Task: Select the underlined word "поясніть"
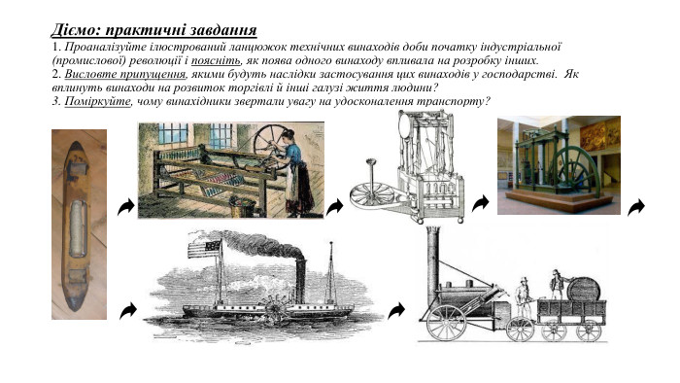(x=216, y=60)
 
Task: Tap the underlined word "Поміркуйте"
(x=97, y=101)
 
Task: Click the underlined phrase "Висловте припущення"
(x=125, y=74)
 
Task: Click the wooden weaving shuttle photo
(x=79, y=225)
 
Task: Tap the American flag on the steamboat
(x=205, y=249)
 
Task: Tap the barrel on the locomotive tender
(x=584, y=289)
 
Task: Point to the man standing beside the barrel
(x=556, y=285)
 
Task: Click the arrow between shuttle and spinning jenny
(x=125, y=207)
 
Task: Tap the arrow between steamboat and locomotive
(x=396, y=311)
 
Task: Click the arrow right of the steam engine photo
(x=636, y=206)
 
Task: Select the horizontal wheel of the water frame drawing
(x=372, y=194)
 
